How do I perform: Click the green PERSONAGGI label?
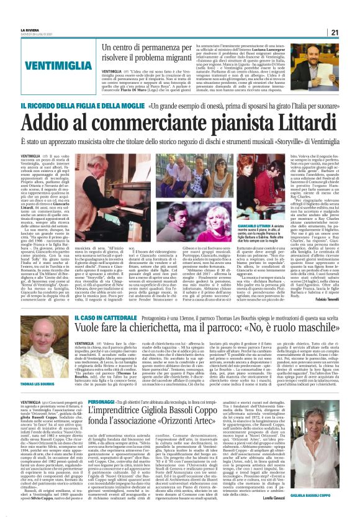click(x=101, y=401)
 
